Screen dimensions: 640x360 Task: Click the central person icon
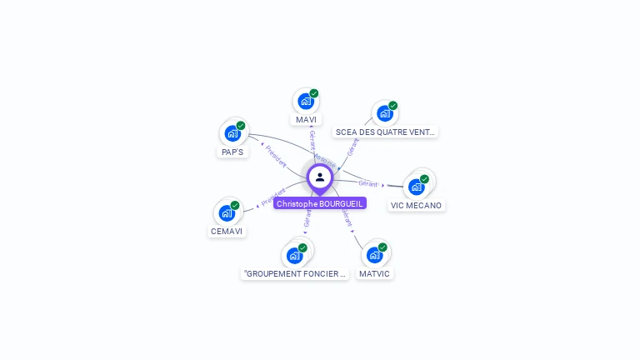(x=320, y=177)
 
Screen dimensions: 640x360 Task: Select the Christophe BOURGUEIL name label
(x=320, y=203)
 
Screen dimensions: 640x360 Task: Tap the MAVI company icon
(x=306, y=102)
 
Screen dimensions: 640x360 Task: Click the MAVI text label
(x=306, y=120)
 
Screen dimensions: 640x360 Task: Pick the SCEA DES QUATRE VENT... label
(x=385, y=132)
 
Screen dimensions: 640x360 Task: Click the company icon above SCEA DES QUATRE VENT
(x=384, y=113)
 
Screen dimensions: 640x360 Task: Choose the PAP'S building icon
(x=232, y=133)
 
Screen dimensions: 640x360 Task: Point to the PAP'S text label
(x=232, y=152)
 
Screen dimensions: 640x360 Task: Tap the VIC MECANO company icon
(x=417, y=187)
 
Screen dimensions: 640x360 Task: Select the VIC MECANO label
(x=417, y=205)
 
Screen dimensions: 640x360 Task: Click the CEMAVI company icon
(x=227, y=212)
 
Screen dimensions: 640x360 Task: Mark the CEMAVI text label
(x=227, y=231)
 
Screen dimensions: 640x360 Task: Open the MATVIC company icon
(x=374, y=255)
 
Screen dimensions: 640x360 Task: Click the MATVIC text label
(x=374, y=273)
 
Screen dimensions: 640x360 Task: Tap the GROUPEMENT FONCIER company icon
(x=295, y=255)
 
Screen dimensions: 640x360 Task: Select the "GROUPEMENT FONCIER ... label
(x=295, y=273)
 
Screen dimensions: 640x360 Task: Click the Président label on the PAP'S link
(x=276, y=156)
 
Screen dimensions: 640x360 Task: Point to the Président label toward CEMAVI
(x=272, y=197)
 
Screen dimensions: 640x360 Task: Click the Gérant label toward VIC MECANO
(x=368, y=183)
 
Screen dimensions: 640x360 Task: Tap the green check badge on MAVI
(x=314, y=93)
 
